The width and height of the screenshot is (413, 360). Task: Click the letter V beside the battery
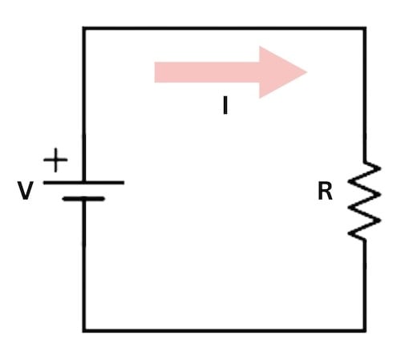coord(26,192)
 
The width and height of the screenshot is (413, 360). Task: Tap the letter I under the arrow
coord(225,105)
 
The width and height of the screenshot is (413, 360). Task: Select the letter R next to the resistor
coord(325,192)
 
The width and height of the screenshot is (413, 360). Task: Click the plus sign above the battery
coord(55,160)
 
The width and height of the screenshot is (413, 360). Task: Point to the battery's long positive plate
coord(83,183)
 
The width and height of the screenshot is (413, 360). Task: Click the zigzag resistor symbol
coord(364,200)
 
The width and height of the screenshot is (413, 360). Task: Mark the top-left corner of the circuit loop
coord(83,29)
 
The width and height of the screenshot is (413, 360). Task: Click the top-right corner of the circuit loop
coord(365,29)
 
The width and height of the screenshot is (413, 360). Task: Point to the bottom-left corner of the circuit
coord(83,330)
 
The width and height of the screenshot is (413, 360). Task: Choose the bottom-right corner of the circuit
coord(365,330)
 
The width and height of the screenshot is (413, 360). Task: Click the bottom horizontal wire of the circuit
coord(225,330)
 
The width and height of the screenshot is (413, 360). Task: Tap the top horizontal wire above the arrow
coord(225,29)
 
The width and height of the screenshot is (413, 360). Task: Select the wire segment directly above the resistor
coord(365,96)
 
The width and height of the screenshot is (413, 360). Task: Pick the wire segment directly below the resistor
coord(365,285)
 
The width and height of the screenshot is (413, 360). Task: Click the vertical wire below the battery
coord(83,265)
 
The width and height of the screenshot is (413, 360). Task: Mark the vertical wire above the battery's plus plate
coord(83,104)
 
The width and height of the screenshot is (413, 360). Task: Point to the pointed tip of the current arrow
coord(306,72)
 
